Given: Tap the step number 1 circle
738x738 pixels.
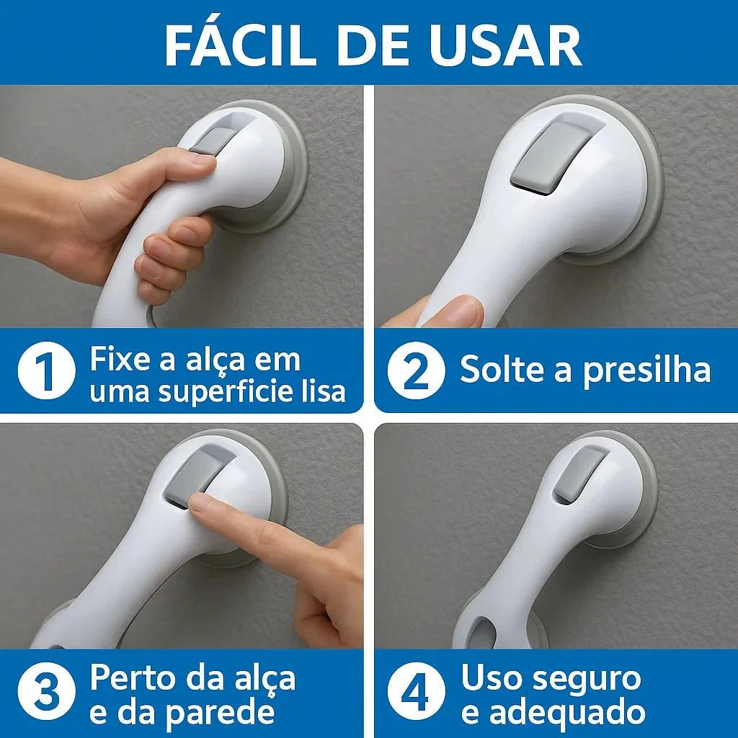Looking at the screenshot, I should tap(46, 371).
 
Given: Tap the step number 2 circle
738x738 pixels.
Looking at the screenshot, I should tap(415, 371).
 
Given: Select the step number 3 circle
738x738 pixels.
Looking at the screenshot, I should tap(46, 693).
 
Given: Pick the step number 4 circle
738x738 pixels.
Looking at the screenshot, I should tap(415, 693).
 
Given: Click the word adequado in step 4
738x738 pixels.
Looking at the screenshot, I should tap(572, 712).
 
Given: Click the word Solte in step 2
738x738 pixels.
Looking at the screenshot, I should tap(497, 370).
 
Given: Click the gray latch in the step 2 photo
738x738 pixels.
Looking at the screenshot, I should tap(550, 158).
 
